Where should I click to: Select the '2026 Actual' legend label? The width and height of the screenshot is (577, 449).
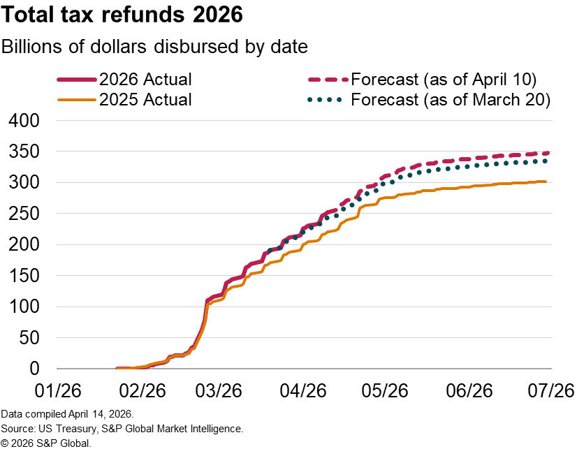click(145, 79)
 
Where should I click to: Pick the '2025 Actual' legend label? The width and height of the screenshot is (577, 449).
click(145, 100)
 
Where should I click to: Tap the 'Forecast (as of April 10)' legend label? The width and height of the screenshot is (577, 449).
click(444, 79)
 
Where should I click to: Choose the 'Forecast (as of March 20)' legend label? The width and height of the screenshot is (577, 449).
click(451, 100)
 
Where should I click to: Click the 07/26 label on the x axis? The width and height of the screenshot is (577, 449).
click(550, 388)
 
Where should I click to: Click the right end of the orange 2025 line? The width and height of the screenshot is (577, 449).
click(546, 182)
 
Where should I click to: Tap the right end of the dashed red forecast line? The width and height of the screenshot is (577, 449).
click(547, 153)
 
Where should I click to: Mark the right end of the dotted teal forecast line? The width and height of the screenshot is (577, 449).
click(546, 161)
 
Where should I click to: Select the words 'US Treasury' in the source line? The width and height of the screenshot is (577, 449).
click(59, 429)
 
